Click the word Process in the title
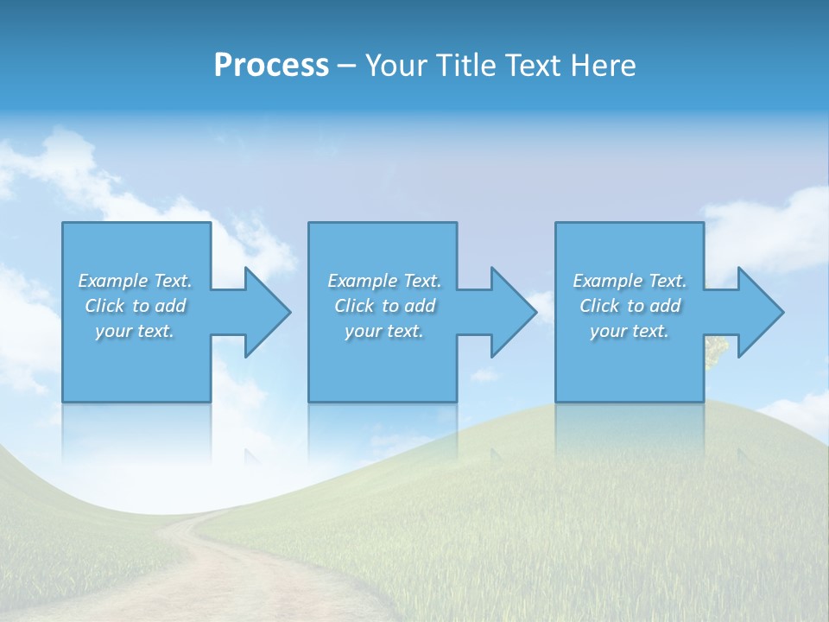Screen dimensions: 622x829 pyautogui.click(x=271, y=66)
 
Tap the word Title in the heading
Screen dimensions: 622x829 pyautogui.click(x=465, y=66)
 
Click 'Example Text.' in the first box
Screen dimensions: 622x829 pyautogui.click(x=135, y=281)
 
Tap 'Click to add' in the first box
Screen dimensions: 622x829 pyautogui.click(x=135, y=306)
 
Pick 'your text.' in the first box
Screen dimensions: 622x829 pyautogui.click(x=135, y=331)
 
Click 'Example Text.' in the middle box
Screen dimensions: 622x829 pyautogui.click(x=384, y=281)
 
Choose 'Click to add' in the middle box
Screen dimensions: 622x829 pyautogui.click(x=384, y=306)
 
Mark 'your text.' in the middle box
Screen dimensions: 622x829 pyautogui.click(x=384, y=331)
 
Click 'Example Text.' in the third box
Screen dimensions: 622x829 pyautogui.click(x=630, y=281)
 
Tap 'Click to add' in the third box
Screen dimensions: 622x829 pyautogui.click(x=630, y=306)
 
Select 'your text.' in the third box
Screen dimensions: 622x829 pyautogui.click(x=630, y=331)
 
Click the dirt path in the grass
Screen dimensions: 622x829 pyautogui.click(x=225, y=579)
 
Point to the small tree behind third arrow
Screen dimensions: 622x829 pyautogui.click(x=716, y=349)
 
